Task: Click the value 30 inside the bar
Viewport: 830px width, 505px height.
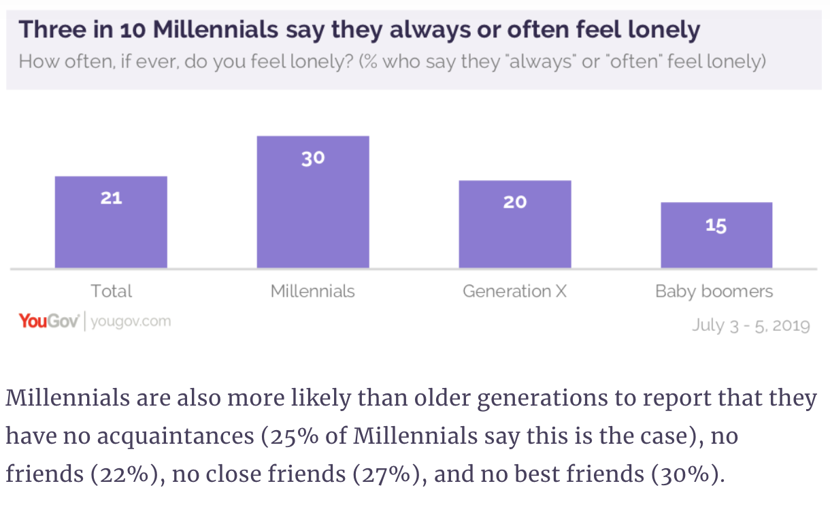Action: point(313,159)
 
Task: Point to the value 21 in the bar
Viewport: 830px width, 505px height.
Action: point(111,198)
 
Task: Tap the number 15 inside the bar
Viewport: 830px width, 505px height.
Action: point(716,225)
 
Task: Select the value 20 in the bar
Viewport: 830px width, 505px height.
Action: point(515,202)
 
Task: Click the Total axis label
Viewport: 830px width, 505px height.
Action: point(112,291)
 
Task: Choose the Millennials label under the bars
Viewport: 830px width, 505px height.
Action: point(313,291)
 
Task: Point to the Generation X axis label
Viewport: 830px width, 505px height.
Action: point(514,291)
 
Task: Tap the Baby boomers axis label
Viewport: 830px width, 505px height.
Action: point(714,292)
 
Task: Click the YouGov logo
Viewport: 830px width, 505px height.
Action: point(50,321)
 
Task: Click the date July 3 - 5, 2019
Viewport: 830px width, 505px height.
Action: point(751,325)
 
